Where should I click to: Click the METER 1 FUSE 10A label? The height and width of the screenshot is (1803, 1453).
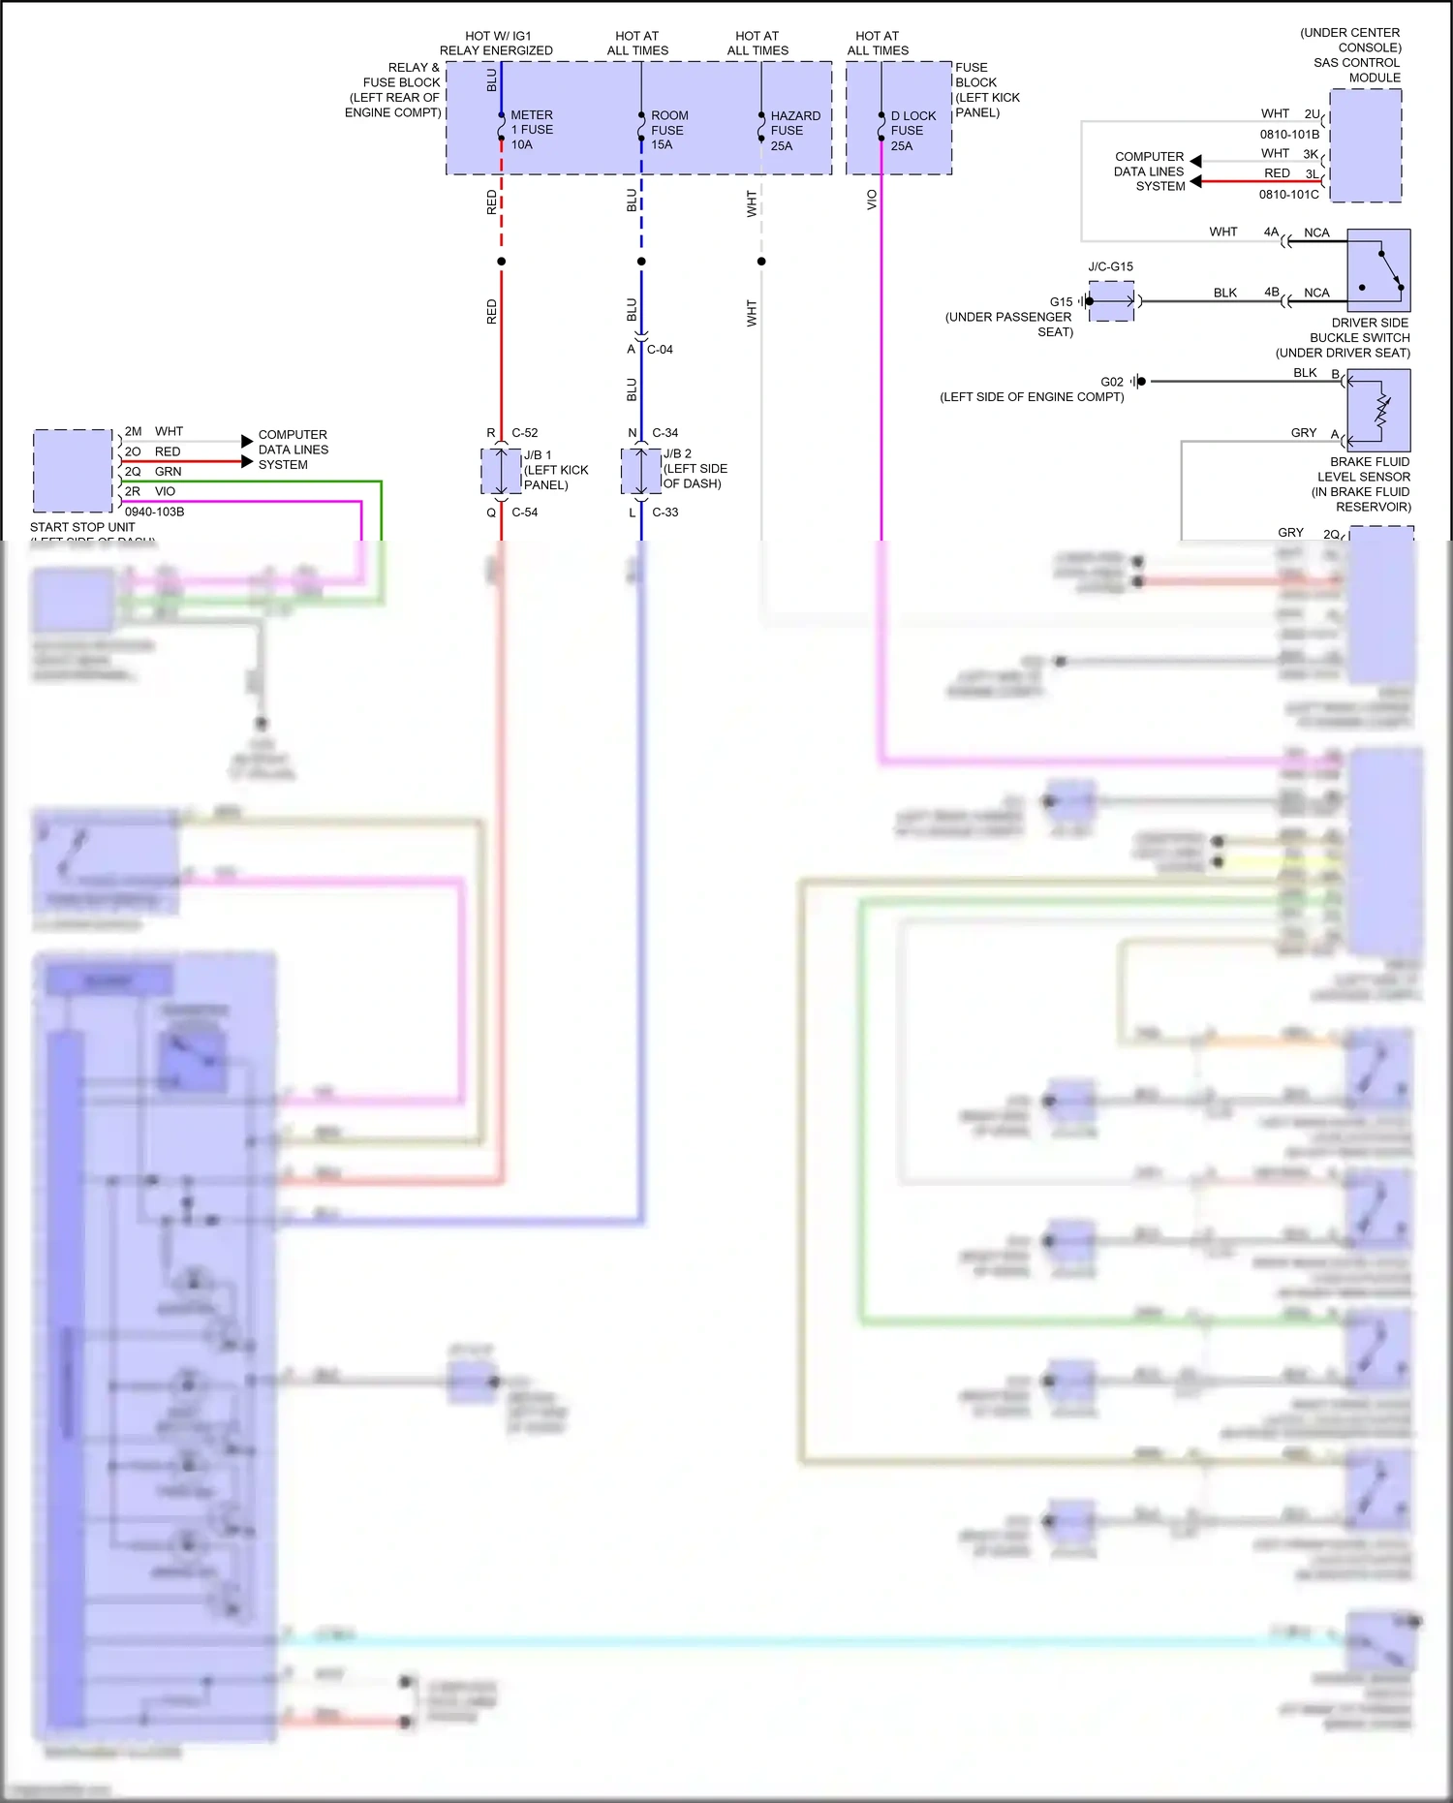point(531,130)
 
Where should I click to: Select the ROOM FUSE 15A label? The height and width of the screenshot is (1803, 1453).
point(668,130)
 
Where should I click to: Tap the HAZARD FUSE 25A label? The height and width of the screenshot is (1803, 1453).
point(794,131)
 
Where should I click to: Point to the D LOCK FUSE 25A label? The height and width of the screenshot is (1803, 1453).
point(912,131)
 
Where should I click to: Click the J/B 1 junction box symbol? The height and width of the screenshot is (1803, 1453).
point(501,471)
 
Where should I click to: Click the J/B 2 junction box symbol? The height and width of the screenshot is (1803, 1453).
point(640,471)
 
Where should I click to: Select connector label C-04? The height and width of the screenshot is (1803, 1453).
point(660,350)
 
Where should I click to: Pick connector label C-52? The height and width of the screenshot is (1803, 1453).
point(524,433)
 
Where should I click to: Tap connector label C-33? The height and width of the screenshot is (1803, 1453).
point(665,513)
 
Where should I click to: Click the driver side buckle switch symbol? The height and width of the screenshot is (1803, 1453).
point(1378,270)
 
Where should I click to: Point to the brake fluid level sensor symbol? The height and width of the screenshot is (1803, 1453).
point(1378,411)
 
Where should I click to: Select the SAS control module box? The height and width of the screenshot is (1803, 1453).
point(1366,145)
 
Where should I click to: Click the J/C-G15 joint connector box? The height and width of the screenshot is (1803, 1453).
point(1111,301)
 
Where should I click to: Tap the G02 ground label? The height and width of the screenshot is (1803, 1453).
point(1111,382)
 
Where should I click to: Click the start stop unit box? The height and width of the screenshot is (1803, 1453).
point(73,471)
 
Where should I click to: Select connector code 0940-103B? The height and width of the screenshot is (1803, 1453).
point(154,512)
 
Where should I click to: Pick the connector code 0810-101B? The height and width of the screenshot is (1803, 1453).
point(1288,135)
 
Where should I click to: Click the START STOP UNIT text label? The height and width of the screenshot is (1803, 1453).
point(82,527)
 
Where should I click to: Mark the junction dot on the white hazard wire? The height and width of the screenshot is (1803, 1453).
point(761,262)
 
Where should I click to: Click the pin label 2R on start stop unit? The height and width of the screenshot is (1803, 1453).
point(133,491)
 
